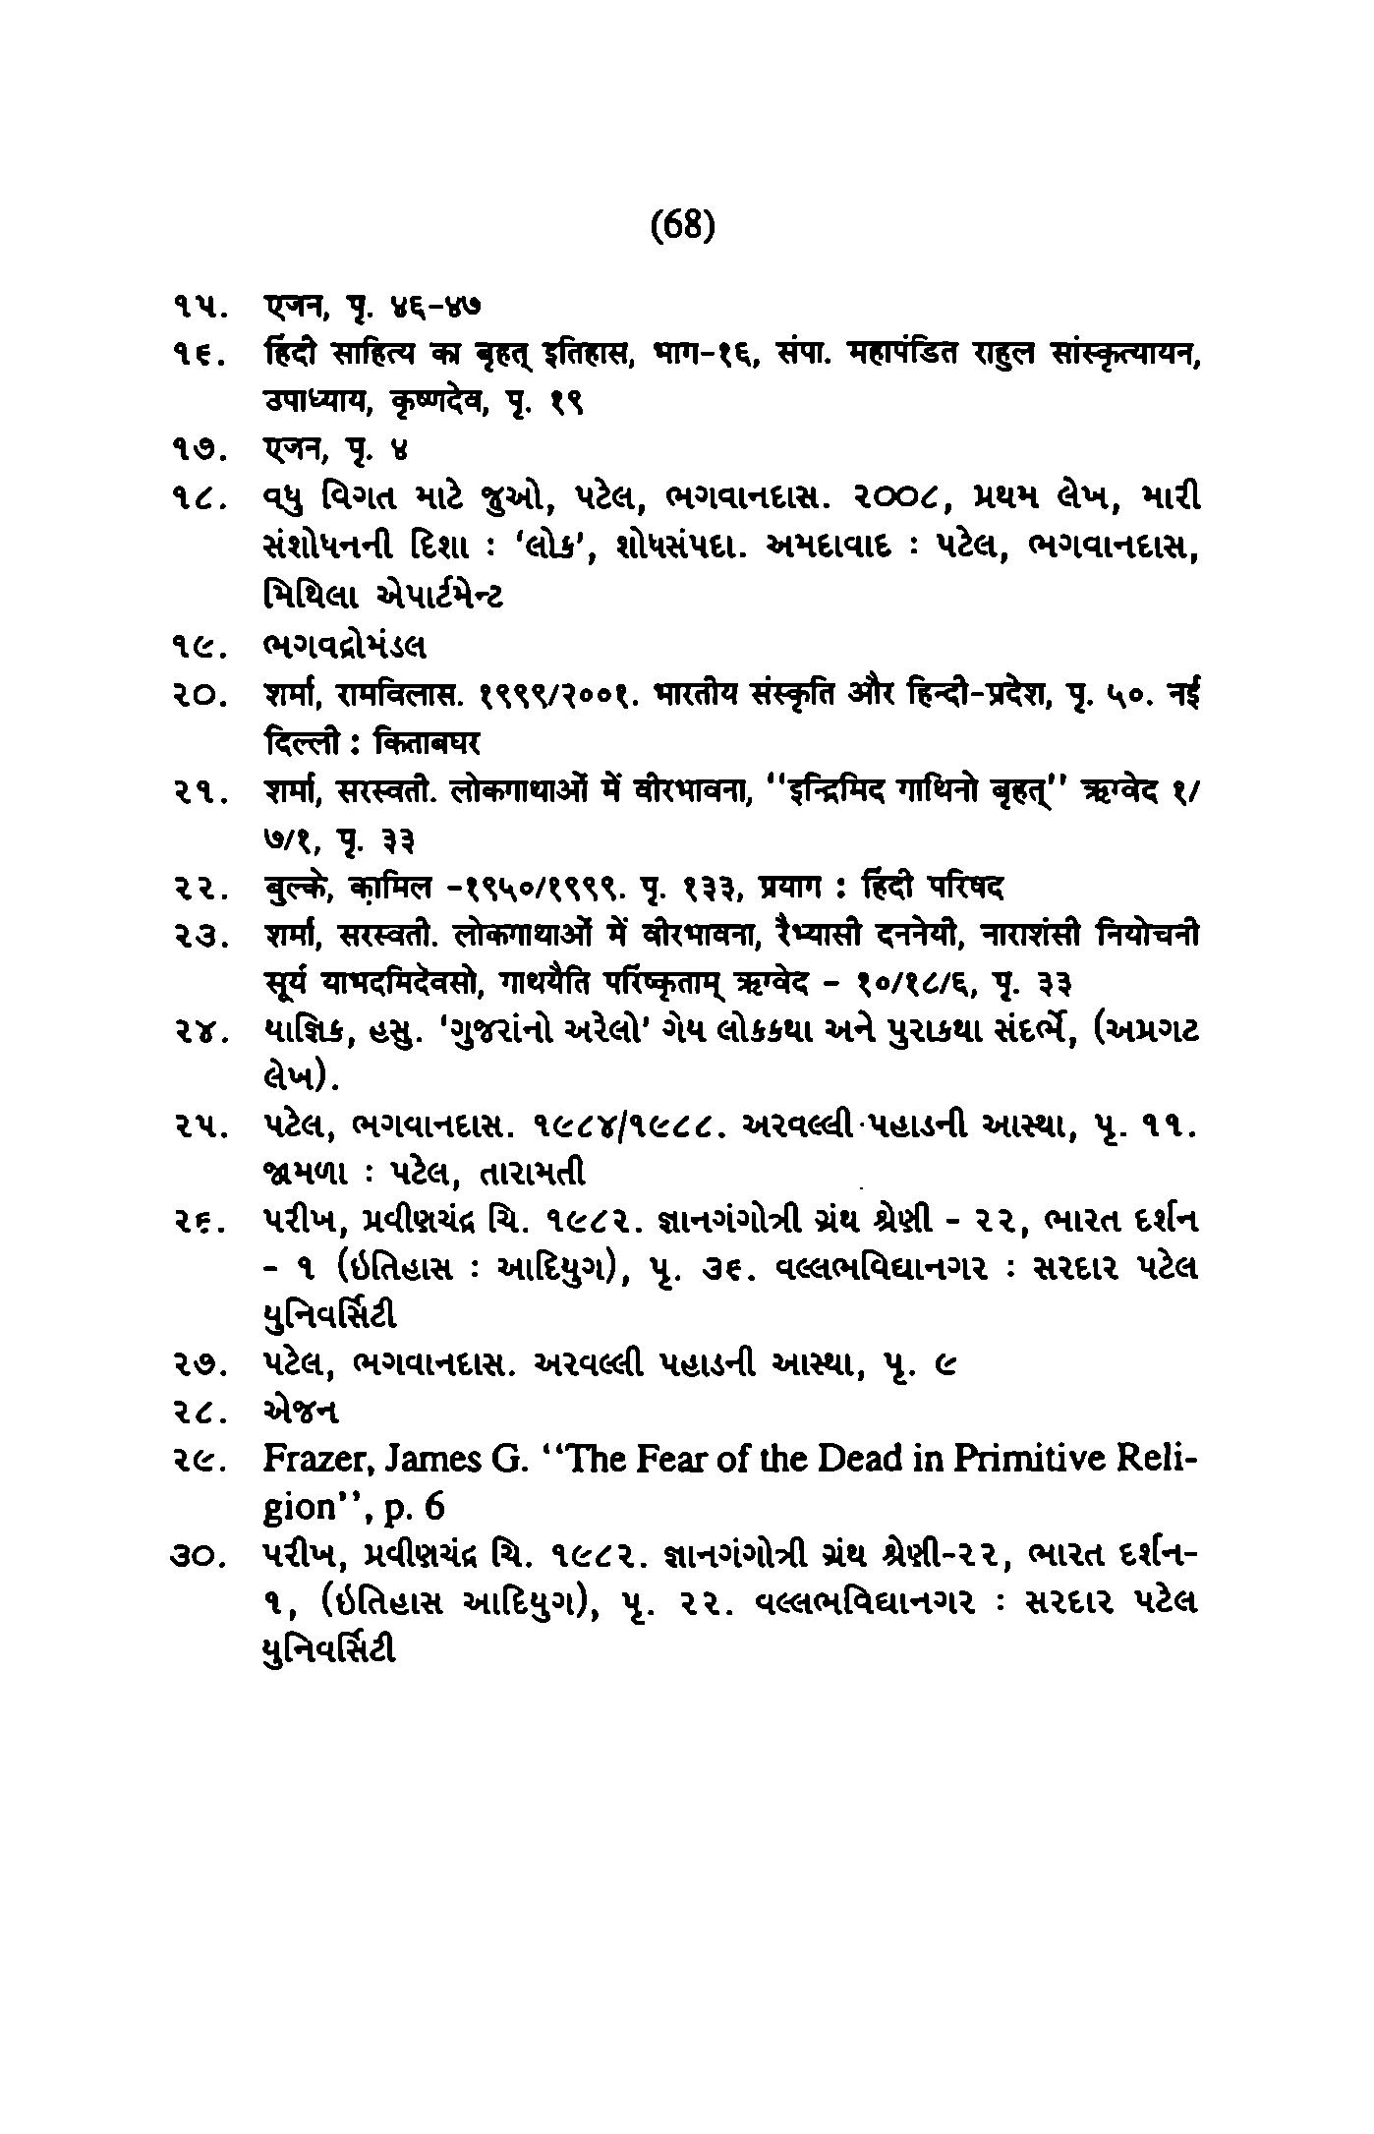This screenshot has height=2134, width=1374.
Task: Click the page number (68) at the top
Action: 683,227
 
